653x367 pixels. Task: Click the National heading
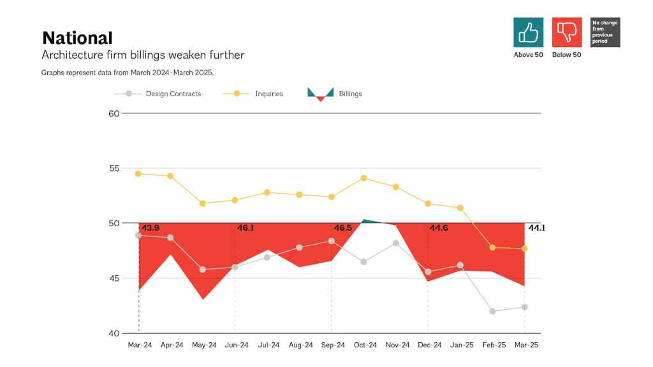point(77,38)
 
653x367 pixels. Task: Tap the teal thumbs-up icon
point(528,32)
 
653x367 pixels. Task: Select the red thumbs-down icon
point(566,32)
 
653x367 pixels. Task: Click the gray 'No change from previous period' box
point(605,32)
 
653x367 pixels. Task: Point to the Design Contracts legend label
point(173,94)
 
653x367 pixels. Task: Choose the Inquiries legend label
point(269,94)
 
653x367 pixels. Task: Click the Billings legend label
point(350,94)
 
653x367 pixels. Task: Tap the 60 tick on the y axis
point(114,113)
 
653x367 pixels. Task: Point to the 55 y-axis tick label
point(114,168)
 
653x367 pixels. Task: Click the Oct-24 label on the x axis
point(365,345)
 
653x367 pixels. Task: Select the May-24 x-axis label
point(203,345)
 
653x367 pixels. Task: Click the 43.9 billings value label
point(150,228)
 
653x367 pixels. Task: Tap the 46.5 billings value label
point(343,228)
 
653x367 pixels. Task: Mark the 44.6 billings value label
point(439,228)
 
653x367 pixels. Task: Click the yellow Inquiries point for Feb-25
point(492,247)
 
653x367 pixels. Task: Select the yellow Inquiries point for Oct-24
point(364,178)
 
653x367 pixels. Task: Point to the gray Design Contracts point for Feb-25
point(492,312)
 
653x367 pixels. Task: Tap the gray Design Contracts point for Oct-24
point(364,262)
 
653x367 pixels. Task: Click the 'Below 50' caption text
point(567,55)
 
